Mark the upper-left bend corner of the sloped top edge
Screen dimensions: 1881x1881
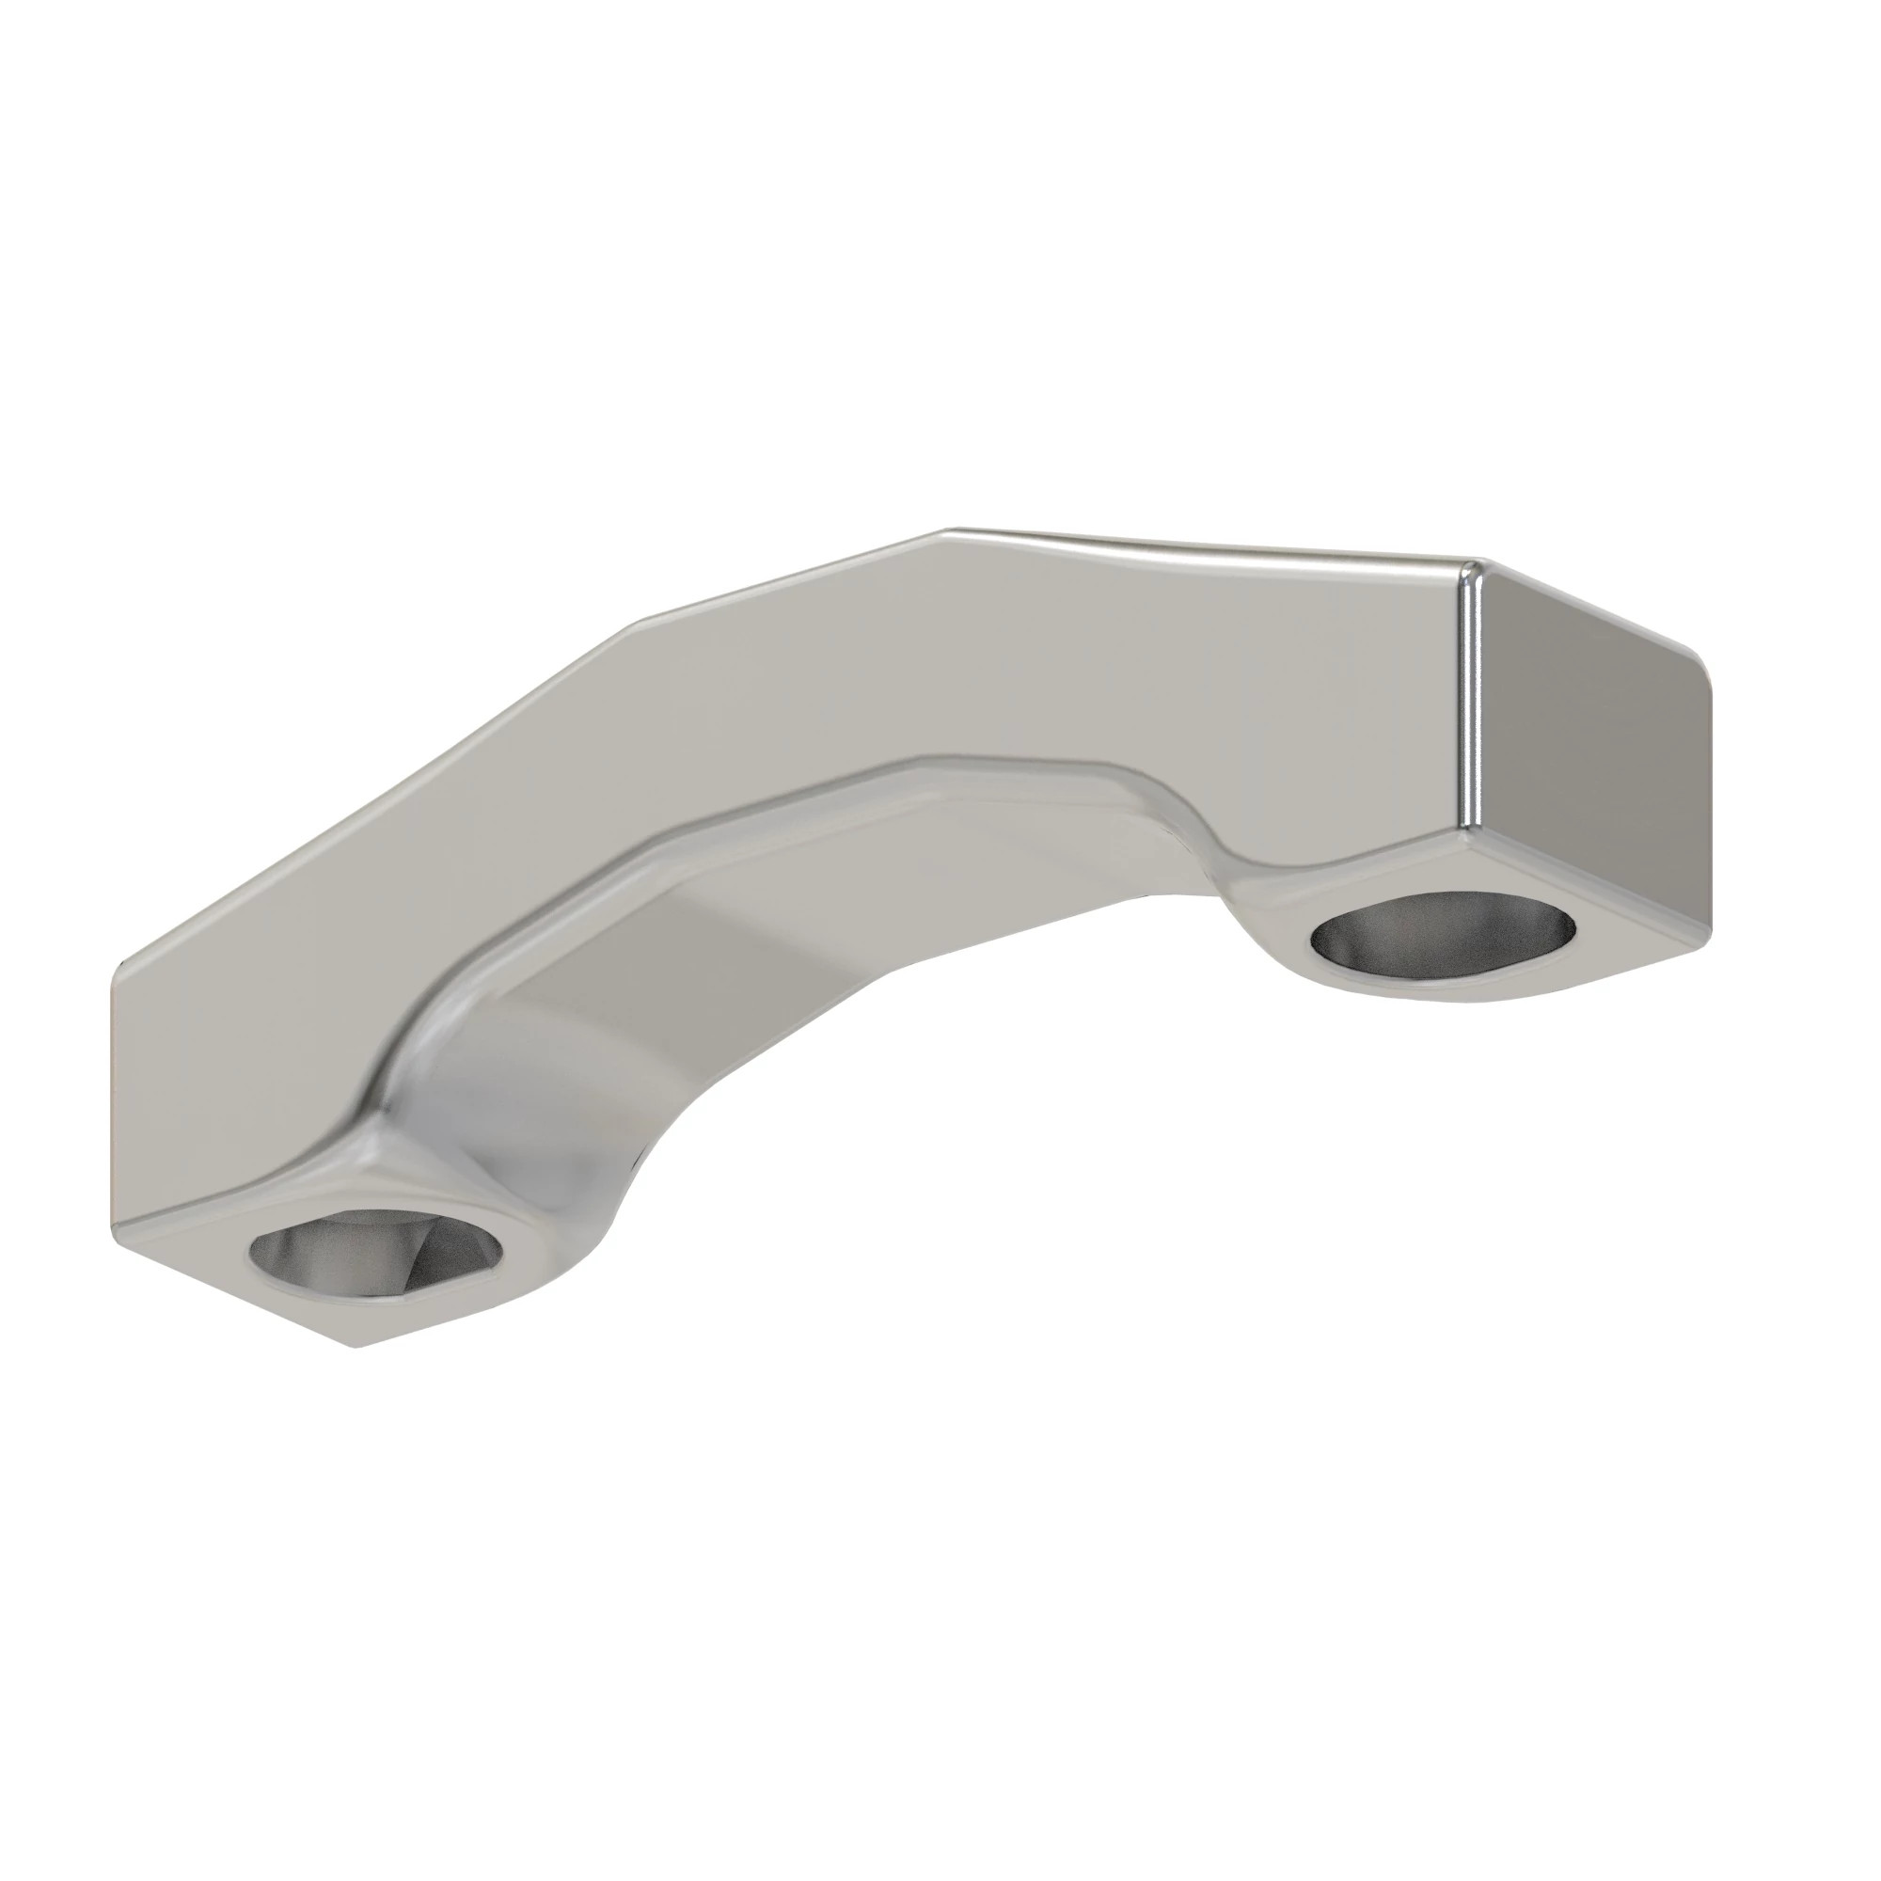638,624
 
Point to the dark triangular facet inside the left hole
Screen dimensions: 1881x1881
438,1256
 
